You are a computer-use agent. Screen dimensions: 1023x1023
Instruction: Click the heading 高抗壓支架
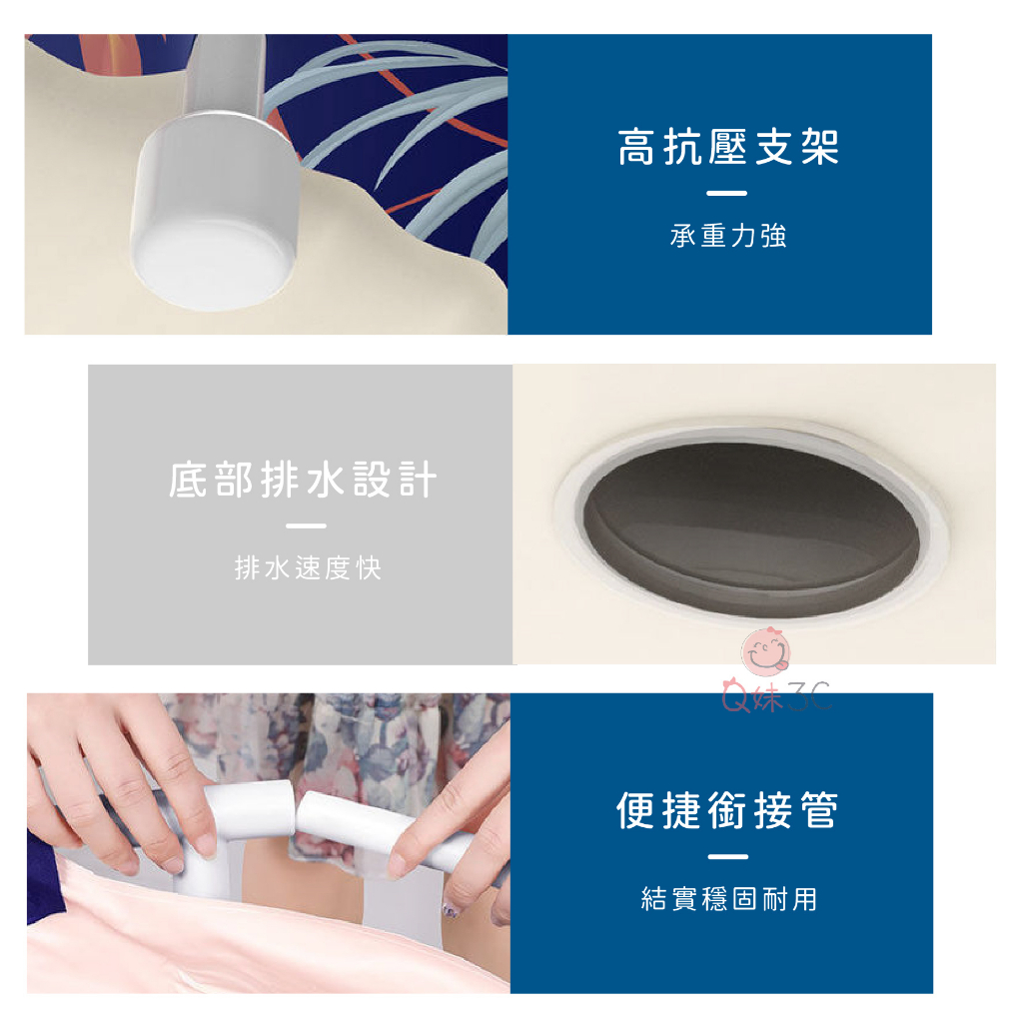pyautogui.click(x=727, y=147)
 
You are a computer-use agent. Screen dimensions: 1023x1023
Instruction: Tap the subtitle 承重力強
pyautogui.click(x=727, y=236)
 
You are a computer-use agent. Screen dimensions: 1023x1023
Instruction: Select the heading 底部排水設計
pyautogui.click(x=303, y=480)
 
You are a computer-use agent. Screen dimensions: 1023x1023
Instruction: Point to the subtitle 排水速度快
pyautogui.click(x=308, y=567)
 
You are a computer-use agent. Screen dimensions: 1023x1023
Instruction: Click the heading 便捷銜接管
pyautogui.click(x=727, y=810)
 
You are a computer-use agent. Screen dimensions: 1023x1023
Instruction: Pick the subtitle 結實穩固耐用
pyautogui.click(x=728, y=898)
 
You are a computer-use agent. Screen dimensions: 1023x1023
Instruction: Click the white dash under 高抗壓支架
pyautogui.click(x=726, y=193)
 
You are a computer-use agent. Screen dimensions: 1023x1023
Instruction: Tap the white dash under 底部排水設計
pyautogui.click(x=306, y=525)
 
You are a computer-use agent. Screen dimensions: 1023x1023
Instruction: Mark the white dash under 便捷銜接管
pyautogui.click(x=727, y=856)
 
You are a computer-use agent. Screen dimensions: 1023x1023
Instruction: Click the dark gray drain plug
pyautogui.click(x=750, y=528)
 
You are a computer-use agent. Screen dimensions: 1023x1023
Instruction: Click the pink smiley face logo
pyautogui.click(x=765, y=651)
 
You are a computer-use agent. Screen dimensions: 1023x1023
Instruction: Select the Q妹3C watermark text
pyautogui.click(x=776, y=696)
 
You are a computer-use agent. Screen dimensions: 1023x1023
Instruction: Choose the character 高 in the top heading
pyautogui.click(x=636, y=147)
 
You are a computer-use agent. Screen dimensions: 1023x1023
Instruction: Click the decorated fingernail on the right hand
pyautogui.click(x=451, y=909)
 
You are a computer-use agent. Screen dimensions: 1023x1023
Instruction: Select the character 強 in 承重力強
pyautogui.click(x=773, y=236)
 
